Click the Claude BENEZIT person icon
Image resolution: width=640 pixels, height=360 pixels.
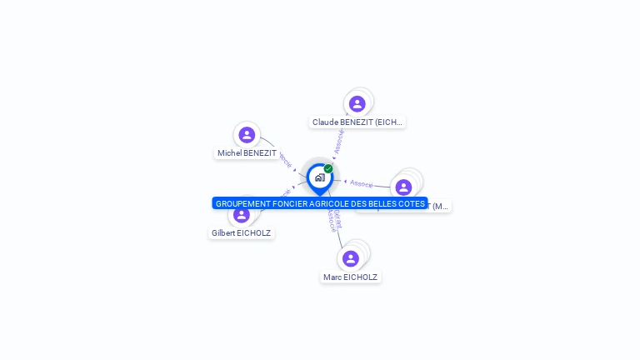pyautogui.click(x=357, y=104)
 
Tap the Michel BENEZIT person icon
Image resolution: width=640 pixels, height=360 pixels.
pyautogui.click(x=247, y=135)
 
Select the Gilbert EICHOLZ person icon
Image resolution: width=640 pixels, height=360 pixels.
pyautogui.click(x=242, y=215)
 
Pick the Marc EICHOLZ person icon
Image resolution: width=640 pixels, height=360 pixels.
pyautogui.click(x=351, y=258)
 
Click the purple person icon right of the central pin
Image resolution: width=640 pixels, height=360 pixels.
pyautogui.click(x=403, y=187)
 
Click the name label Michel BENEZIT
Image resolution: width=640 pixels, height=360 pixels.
pyautogui.click(x=247, y=153)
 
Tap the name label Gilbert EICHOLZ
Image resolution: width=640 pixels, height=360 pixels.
pyautogui.click(x=241, y=233)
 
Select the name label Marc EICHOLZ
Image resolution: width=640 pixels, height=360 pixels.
pyautogui.click(x=350, y=277)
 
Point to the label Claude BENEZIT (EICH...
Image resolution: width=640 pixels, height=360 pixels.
pyautogui.click(x=357, y=122)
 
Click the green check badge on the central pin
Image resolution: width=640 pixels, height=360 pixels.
pyautogui.click(x=328, y=168)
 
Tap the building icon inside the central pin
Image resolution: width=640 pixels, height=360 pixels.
pyautogui.click(x=319, y=177)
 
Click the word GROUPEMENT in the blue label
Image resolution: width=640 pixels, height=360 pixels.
pyautogui.click(x=244, y=203)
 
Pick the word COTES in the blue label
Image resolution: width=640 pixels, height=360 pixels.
pyautogui.click(x=411, y=203)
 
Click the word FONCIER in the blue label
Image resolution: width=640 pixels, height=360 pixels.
pyautogui.click(x=292, y=203)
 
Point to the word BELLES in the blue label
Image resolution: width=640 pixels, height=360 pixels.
pyautogui.click(x=380, y=203)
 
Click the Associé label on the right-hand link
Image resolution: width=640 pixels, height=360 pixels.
pyautogui.click(x=362, y=183)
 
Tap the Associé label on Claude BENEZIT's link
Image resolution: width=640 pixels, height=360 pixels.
pyautogui.click(x=338, y=142)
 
